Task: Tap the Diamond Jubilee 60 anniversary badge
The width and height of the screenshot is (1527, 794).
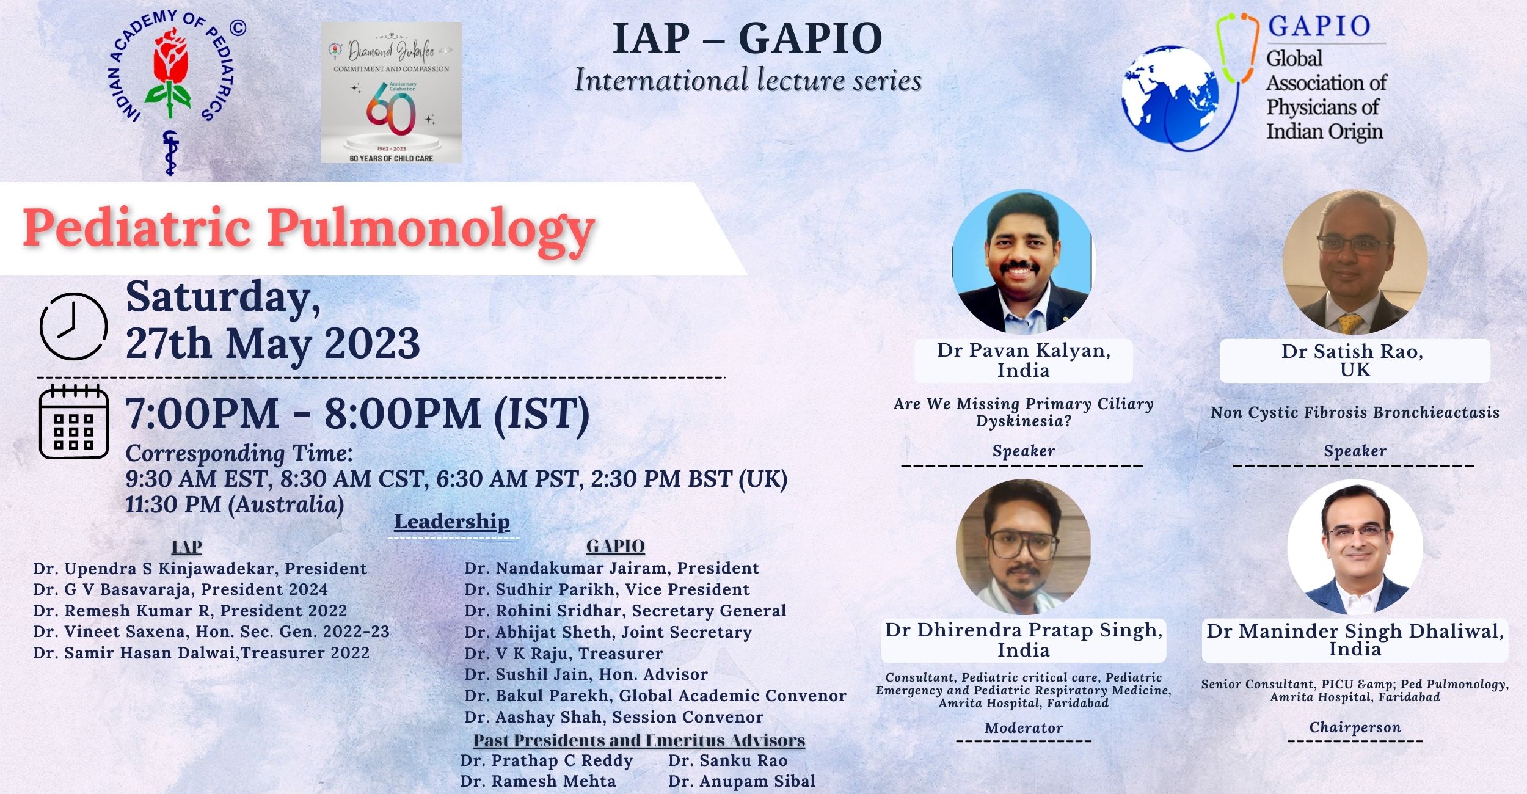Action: click(x=392, y=93)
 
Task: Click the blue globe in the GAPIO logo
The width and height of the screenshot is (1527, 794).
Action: click(x=1170, y=95)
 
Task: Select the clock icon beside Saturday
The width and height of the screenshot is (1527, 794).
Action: click(x=73, y=326)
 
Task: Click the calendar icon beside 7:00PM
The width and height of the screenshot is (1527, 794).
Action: click(x=74, y=422)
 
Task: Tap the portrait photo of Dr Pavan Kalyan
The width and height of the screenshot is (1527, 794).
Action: click(x=1023, y=262)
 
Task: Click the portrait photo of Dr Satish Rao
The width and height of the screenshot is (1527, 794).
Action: click(x=1355, y=262)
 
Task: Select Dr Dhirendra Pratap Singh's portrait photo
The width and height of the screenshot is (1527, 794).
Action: click(x=1023, y=547)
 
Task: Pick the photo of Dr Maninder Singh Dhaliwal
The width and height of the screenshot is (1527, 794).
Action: click(x=1355, y=547)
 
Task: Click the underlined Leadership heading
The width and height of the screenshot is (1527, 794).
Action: click(x=452, y=522)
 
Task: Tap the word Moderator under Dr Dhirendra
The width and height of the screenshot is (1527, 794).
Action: click(x=1024, y=728)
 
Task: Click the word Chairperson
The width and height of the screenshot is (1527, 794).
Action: click(x=1355, y=727)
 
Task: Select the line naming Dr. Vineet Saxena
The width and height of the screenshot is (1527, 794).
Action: click(x=211, y=632)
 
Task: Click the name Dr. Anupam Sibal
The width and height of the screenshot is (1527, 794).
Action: click(x=742, y=781)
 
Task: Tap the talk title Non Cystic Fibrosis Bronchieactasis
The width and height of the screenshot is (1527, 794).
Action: click(x=1355, y=413)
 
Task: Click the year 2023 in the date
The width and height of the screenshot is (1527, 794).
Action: click(x=372, y=343)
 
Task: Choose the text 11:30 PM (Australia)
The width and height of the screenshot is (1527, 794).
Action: click(x=235, y=505)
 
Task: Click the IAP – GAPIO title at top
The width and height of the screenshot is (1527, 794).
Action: click(x=748, y=38)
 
